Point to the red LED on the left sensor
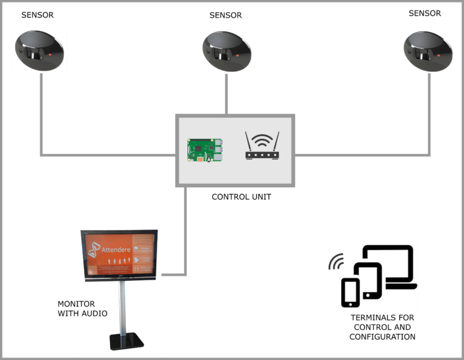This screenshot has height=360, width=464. pyautogui.click(x=50, y=56)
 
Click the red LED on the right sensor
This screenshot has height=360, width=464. pyautogui.click(x=440, y=56)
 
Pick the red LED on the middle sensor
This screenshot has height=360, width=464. pyautogui.click(x=238, y=56)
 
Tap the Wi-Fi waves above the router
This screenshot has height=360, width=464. pyautogui.click(x=262, y=140)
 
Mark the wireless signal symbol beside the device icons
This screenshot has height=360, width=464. pyautogui.click(x=335, y=263)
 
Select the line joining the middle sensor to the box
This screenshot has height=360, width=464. pyautogui.click(x=227, y=94)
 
